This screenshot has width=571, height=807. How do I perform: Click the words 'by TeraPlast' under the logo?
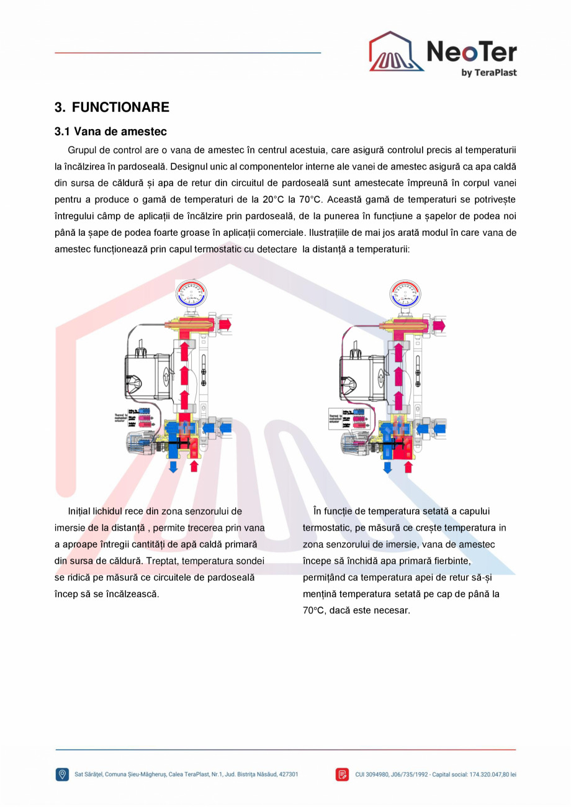488,73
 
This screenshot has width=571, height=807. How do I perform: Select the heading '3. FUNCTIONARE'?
112,107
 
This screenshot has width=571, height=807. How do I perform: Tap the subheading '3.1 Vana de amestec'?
110,132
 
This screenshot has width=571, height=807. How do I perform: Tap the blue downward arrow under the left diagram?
173,465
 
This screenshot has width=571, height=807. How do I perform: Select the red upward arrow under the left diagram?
194,465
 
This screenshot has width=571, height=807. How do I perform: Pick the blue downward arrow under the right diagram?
387,466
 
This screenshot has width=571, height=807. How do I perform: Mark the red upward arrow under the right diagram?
408,466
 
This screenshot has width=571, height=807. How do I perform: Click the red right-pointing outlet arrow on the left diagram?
225,324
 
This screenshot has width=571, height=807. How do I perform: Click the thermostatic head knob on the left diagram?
141,443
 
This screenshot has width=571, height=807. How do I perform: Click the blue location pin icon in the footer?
62,774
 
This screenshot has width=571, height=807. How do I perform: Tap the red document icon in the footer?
343,774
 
